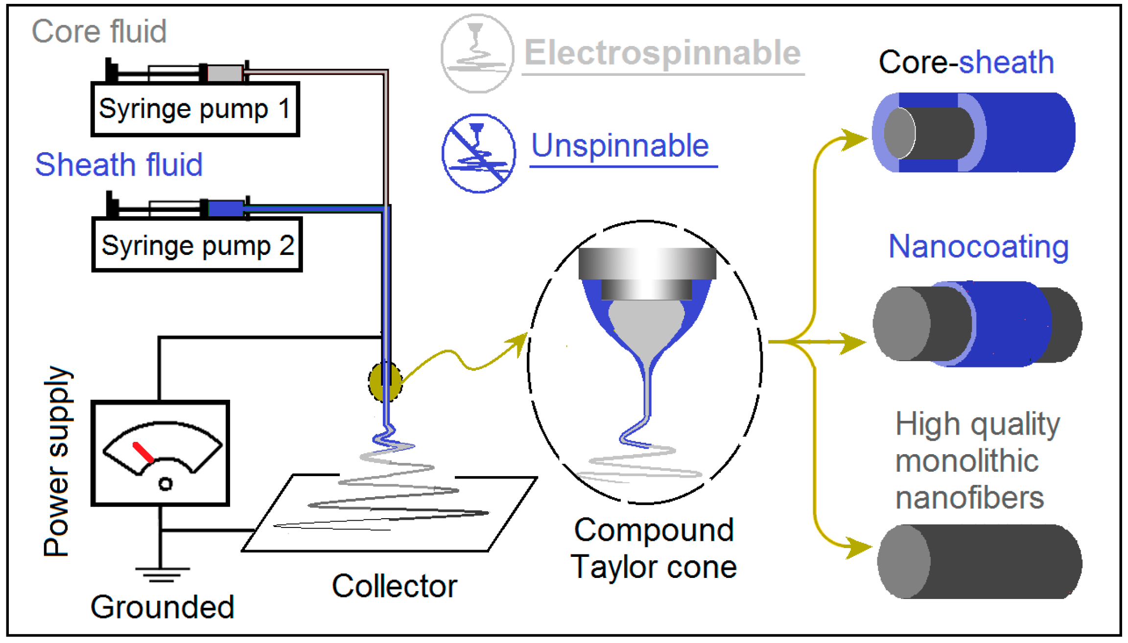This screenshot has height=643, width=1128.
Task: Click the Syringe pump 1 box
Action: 195,109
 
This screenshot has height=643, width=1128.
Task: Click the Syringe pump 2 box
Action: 197,245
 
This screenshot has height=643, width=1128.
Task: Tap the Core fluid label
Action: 99,31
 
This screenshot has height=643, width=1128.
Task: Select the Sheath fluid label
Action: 118,164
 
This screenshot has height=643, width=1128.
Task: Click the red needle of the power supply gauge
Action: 143,452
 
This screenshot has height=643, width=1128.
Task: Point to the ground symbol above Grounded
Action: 162,574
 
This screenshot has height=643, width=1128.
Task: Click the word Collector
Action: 394,586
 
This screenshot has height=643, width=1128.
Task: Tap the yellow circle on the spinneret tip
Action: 385,382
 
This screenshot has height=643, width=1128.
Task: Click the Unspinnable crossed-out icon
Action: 478,153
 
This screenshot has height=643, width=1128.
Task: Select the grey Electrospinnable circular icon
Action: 477,53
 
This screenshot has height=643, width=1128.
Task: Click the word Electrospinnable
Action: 662,53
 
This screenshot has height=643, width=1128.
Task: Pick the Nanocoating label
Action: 978,246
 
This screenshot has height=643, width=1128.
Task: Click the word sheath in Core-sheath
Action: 1006,62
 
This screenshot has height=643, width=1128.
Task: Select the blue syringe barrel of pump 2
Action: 226,208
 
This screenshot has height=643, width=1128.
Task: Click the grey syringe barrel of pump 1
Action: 225,73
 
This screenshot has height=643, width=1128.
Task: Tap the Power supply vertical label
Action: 56,461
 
